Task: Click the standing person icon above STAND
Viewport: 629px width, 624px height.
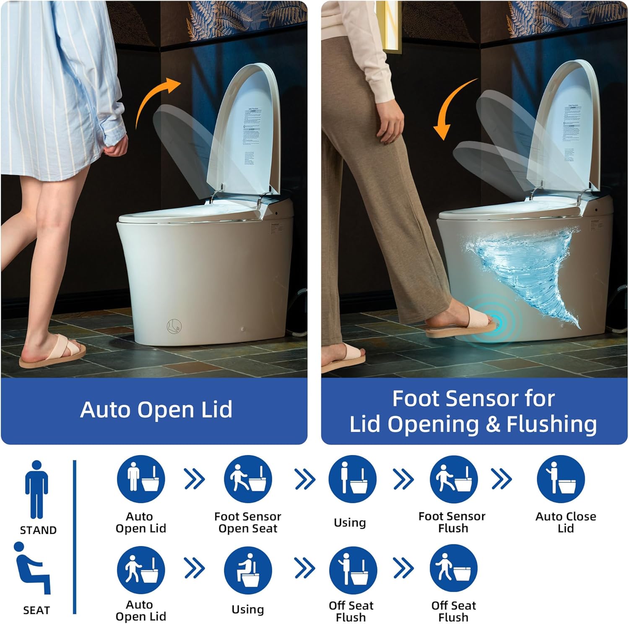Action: point(36,490)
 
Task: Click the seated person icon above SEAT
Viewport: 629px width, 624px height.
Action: point(33,568)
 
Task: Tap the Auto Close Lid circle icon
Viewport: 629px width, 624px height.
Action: point(561,479)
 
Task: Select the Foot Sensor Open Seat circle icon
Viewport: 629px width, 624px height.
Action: point(248,479)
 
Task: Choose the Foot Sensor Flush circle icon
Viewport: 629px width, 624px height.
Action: point(454,479)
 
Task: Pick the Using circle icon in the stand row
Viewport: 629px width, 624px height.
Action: point(352,479)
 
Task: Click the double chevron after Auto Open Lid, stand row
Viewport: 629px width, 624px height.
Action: point(195,479)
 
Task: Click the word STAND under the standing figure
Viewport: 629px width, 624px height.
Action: point(38,530)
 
